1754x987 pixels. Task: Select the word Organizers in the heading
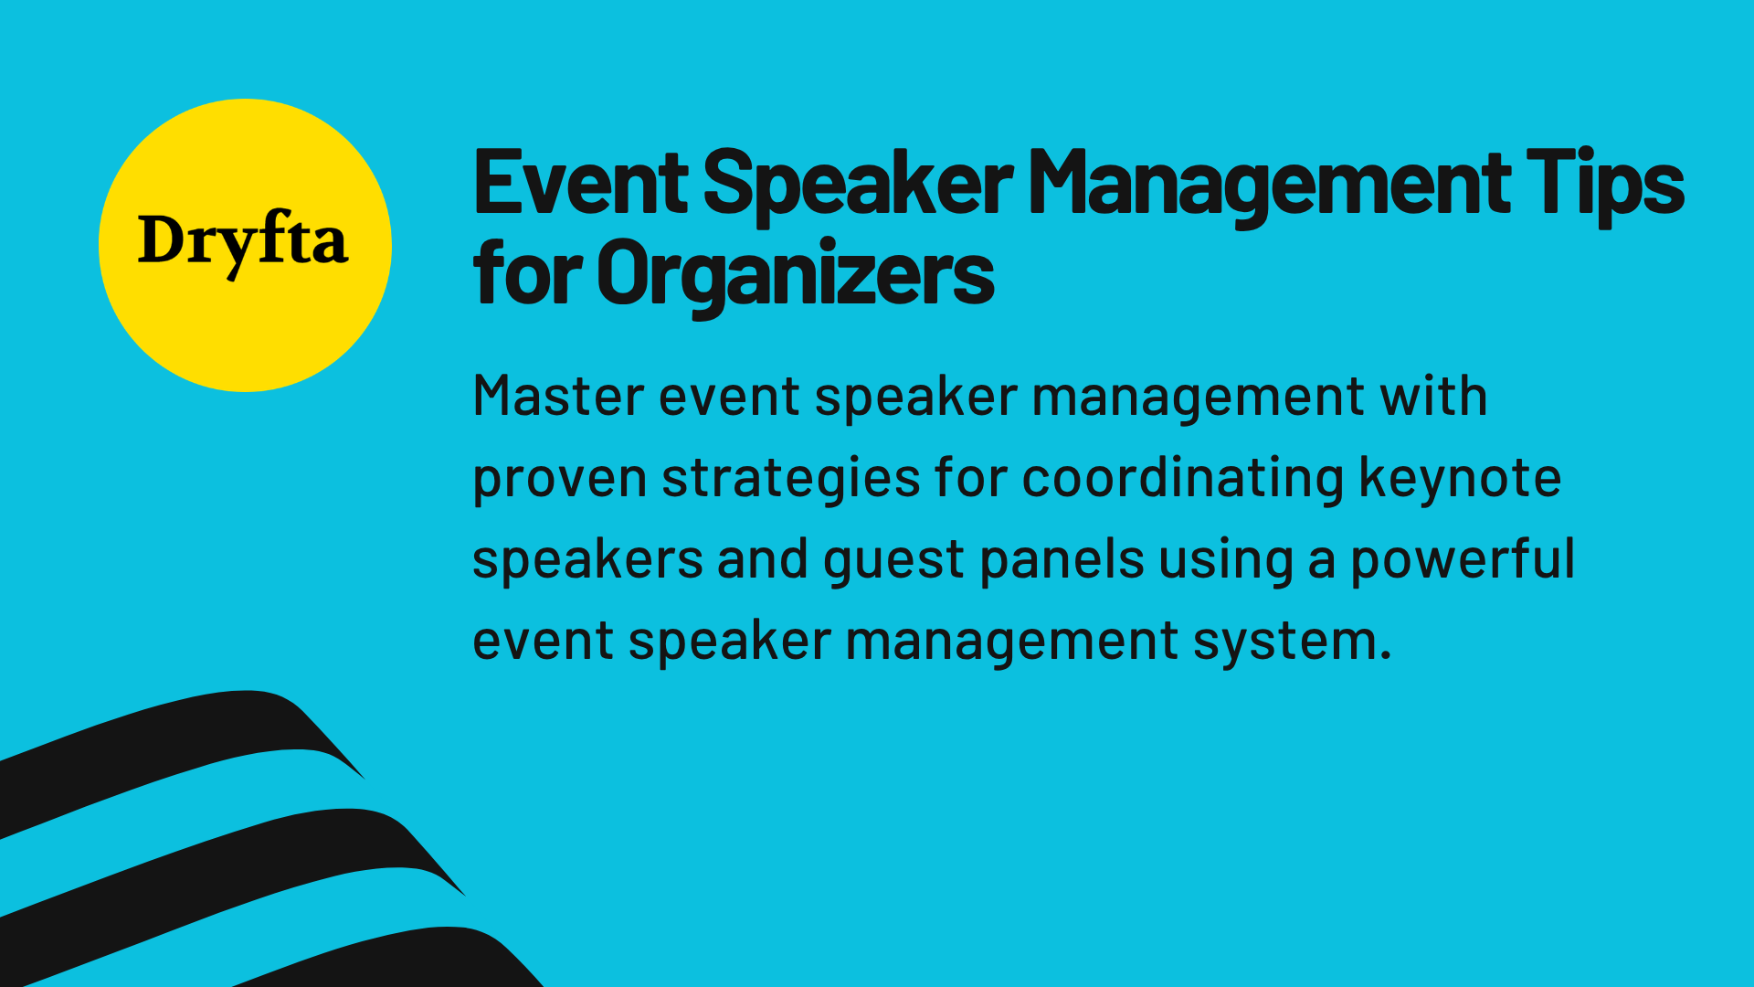795,274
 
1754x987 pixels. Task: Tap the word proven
559,479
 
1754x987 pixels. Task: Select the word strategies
790,479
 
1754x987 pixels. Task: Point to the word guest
893,559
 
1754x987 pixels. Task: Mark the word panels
1062,558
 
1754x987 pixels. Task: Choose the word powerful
1463,558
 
